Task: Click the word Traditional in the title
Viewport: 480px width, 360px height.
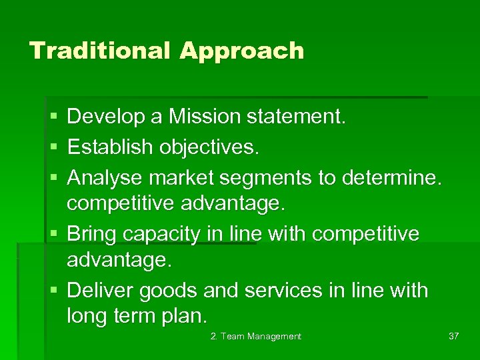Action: click(x=100, y=51)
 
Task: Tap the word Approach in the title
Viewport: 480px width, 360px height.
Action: click(x=241, y=51)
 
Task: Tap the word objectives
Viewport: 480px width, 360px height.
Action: click(x=208, y=147)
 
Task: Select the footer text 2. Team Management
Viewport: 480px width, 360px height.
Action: click(x=256, y=337)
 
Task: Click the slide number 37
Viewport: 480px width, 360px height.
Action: click(x=453, y=337)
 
